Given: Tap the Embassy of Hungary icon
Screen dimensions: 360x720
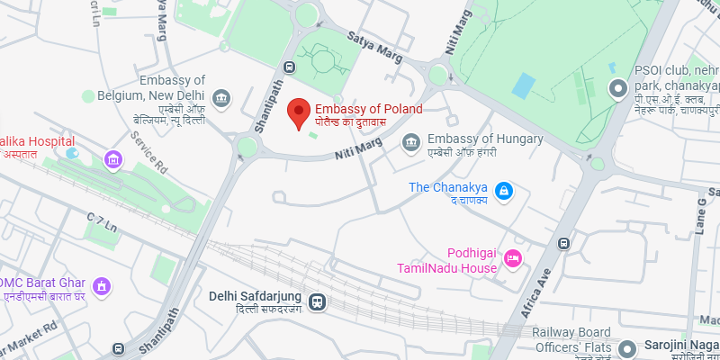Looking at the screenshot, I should pyautogui.click(x=411, y=141).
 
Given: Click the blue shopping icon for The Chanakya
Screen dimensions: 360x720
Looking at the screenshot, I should pyautogui.click(x=505, y=190).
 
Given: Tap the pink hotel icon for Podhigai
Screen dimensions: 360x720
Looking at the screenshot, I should pyautogui.click(x=514, y=259).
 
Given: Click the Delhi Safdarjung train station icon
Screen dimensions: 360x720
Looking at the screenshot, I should pyautogui.click(x=316, y=302).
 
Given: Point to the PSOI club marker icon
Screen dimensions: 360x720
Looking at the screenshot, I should pyautogui.click(x=617, y=88).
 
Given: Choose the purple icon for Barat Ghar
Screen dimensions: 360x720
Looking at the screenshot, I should pyautogui.click(x=103, y=287).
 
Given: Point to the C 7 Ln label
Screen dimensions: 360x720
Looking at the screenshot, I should pyautogui.click(x=103, y=220).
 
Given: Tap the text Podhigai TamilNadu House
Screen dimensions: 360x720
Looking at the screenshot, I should pyautogui.click(x=446, y=261).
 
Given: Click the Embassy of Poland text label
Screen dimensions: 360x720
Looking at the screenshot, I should pyautogui.click(x=368, y=109).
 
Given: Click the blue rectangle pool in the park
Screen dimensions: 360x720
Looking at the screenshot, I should pyautogui.click(x=523, y=86).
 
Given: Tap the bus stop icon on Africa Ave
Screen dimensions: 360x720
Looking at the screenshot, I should pyautogui.click(x=563, y=243).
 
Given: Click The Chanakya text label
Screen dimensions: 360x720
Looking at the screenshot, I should pyautogui.click(x=447, y=188).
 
